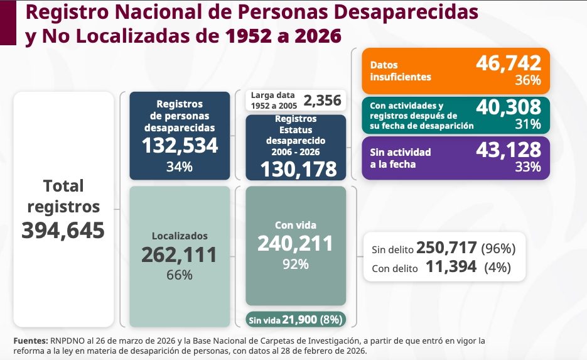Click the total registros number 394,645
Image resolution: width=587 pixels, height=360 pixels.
[63, 230]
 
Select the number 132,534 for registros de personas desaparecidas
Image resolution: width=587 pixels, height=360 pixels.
[180, 146]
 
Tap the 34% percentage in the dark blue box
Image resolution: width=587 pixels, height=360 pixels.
[180, 166]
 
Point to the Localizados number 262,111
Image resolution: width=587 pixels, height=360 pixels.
[180, 255]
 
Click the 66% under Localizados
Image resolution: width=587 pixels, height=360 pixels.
[180, 275]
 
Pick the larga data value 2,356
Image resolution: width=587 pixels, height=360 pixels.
[322, 101]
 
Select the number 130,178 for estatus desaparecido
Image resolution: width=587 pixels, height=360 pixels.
[298, 170]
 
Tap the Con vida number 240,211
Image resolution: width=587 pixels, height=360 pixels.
[295, 244]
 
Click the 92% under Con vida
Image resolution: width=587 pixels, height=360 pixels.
[295, 264]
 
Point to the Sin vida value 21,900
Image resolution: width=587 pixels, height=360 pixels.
[299, 320]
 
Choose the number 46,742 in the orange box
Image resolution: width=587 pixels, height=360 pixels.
[509, 63]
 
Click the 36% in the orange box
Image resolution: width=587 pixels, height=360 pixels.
[528, 80]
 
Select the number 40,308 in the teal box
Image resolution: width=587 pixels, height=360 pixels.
[509, 107]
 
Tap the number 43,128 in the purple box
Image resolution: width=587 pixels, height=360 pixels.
[509, 150]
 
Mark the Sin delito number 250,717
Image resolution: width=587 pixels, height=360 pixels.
[446, 248]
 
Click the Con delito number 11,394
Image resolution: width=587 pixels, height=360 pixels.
[451, 267]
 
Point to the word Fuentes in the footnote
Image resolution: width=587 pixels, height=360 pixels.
[31, 341]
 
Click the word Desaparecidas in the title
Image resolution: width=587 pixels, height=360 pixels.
[406, 13]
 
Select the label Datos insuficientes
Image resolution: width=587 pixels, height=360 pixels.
[401, 71]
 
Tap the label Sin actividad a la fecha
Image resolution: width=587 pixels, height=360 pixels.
[401, 158]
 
